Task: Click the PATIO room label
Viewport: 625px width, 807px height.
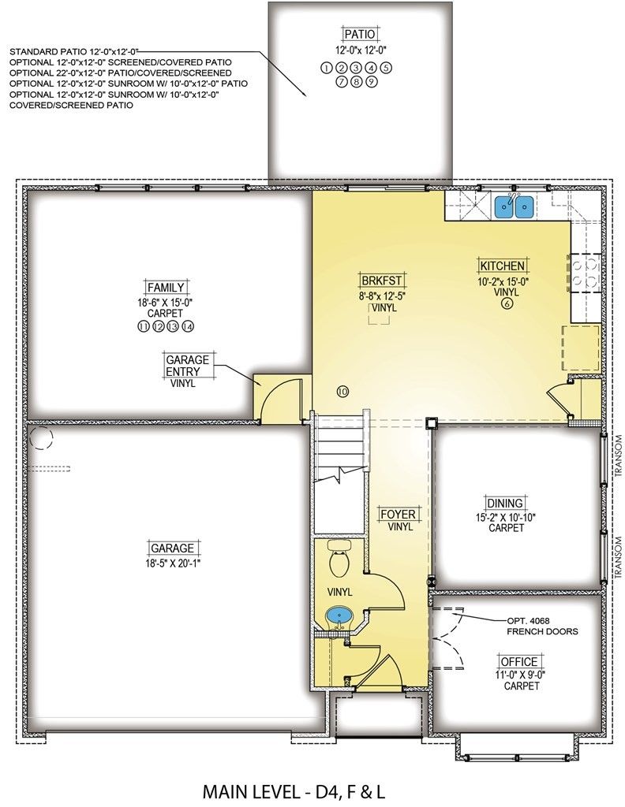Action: click(360, 35)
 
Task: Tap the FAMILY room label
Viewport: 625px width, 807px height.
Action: click(166, 287)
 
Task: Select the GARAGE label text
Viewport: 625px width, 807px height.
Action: click(172, 548)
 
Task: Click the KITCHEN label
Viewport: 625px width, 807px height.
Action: click(503, 266)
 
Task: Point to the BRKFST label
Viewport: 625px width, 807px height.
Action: click(382, 281)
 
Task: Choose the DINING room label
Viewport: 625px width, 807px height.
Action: click(505, 503)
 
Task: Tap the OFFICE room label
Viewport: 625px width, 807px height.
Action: click(518, 661)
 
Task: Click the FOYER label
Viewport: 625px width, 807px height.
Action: click(398, 514)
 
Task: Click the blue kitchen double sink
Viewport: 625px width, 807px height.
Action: click(514, 207)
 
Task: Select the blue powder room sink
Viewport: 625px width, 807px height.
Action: click(339, 615)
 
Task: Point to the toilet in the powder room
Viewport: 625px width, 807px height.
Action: click(339, 559)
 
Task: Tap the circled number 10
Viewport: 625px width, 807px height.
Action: click(342, 392)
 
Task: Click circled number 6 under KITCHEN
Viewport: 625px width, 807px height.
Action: click(507, 303)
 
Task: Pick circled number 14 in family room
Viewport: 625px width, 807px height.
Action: click(188, 326)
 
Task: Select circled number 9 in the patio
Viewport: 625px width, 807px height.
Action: click(372, 81)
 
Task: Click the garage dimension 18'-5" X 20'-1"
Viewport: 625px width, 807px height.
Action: click(172, 563)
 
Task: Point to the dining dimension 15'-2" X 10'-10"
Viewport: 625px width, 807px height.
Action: click(506, 518)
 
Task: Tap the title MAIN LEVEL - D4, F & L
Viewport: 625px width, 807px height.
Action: click(294, 791)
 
